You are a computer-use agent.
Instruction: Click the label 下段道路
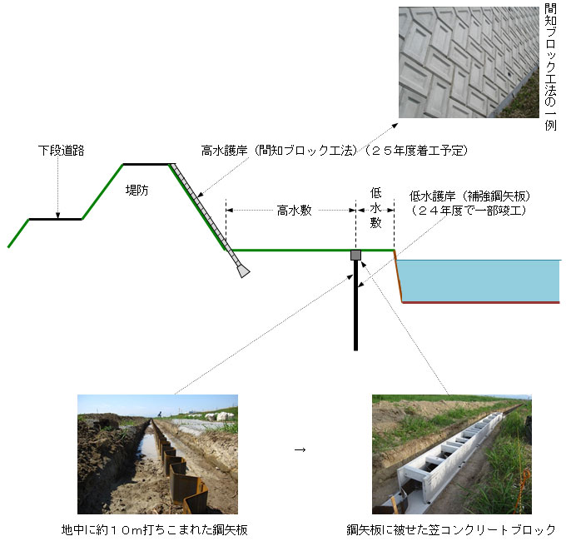(x=62, y=151)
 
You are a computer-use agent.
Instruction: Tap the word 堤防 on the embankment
(x=138, y=189)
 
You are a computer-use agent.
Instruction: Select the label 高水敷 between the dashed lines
(x=294, y=211)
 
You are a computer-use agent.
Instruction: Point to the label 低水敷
(x=375, y=208)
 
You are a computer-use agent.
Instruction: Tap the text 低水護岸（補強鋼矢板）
(x=470, y=196)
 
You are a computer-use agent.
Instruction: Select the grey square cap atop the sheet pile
(x=356, y=255)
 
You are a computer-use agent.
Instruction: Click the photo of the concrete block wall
(x=468, y=62)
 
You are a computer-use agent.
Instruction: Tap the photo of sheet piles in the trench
(x=157, y=454)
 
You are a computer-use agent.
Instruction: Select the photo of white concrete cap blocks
(x=451, y=454)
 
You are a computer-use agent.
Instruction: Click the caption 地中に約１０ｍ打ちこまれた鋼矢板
(x=155, y=529)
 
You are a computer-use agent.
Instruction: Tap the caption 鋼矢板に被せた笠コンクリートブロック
(x=451, y=529)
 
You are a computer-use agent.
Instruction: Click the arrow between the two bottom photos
(x=300, y=450)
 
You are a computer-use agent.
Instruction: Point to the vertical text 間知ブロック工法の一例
(x=550, y=67)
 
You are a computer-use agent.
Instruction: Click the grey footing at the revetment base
(x=241, y=270)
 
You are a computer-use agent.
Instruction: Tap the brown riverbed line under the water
(x=481, y=302)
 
